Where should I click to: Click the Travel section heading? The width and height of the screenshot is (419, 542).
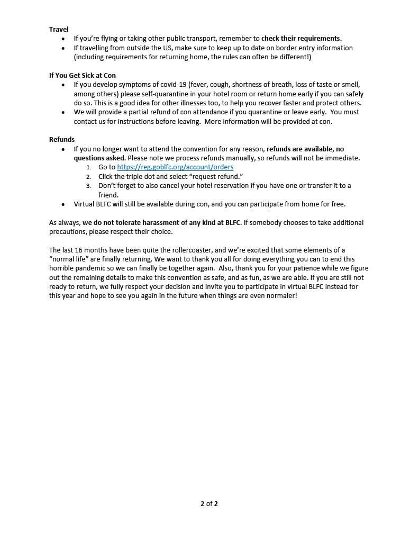[59, 29]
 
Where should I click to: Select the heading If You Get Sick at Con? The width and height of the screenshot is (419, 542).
[82, 76]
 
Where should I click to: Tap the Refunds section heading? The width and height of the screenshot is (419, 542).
[62, 140]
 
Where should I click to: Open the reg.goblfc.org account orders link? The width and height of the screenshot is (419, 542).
[175, 167]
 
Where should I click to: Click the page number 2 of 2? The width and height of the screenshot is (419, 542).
[209, 503]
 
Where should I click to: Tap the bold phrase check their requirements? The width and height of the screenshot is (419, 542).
[302, 39]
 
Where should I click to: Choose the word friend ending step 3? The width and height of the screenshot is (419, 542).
[108, 195]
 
